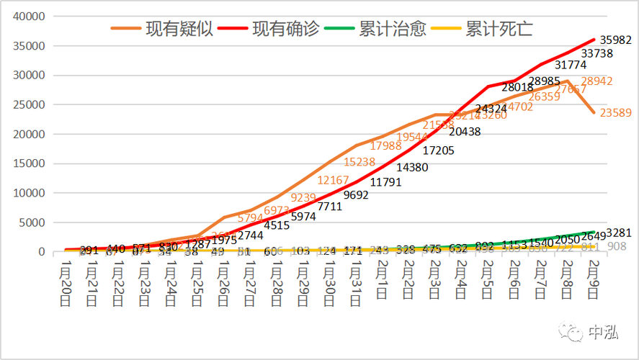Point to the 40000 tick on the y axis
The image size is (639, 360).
[31, 16]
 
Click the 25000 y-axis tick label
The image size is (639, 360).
[31, 104]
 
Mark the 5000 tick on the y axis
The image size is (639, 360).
[34, 222]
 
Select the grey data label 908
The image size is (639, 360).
[617, 246]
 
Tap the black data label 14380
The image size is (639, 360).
[407, 167]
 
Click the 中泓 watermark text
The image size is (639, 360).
[604, 333]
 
